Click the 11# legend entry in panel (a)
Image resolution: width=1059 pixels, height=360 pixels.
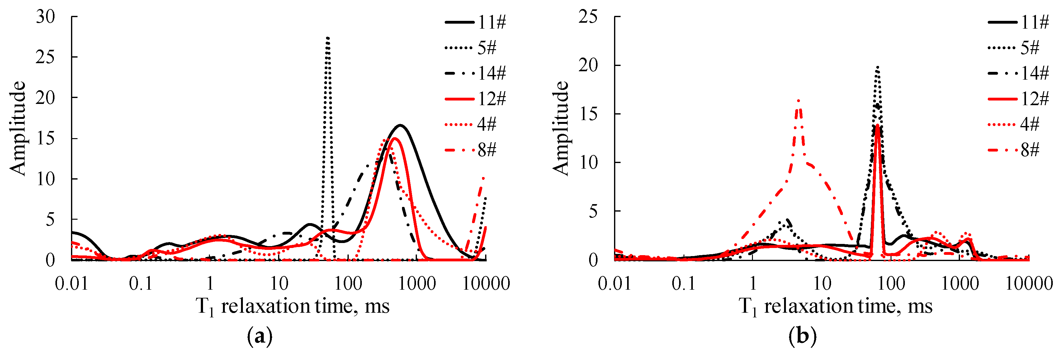pos(476,22)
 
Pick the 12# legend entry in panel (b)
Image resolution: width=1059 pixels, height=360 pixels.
pos(1019,99)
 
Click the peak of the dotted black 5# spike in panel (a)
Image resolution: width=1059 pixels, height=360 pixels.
pos(328,38)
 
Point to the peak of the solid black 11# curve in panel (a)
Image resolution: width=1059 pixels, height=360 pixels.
pos(400,125)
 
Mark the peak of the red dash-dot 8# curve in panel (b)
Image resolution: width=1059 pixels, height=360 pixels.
pos(798,101)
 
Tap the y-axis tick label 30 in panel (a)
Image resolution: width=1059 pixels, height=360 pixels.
pos(45,17)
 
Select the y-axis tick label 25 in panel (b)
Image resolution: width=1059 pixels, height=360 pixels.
pos(588,17)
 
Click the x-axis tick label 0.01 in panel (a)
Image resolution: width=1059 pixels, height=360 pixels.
pos(72,283)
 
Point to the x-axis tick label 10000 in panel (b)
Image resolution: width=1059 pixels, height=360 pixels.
pos(1029,283)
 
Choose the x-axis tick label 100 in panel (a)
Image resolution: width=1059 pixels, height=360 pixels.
pos(348,283)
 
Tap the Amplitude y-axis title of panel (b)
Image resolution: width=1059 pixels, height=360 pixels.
pos(560,128)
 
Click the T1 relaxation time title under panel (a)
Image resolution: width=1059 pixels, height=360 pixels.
pos(293,306)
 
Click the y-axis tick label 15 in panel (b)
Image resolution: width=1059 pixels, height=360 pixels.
pos(588,114)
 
